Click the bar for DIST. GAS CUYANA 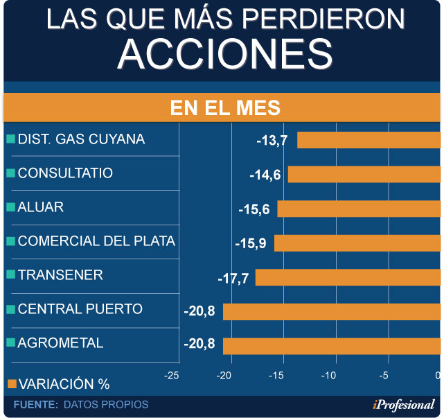click(368, 140)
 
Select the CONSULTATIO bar click(364, 174)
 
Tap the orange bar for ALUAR click(359, 209)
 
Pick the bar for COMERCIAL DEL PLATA click(357, 243)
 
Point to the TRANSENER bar click(348, 277)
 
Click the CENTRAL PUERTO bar click(331, 311)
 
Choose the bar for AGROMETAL click(331, 345)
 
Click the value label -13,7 click(272, 140)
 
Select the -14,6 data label click(265, 174)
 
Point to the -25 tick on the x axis click(172, 375)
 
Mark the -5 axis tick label click(382, 375)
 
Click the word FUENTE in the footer click(35, 404)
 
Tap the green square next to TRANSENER click(10, 275)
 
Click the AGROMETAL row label click(60, 342)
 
